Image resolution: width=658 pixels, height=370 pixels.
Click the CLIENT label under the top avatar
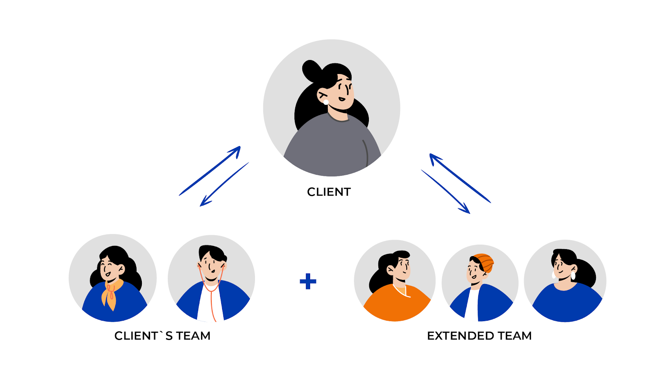click(329, 192)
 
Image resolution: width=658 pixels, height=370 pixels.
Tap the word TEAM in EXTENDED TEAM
click(514, 336)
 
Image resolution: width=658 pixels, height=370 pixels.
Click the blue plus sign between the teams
click(308, 282)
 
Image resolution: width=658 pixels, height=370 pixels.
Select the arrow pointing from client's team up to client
click(210, 170)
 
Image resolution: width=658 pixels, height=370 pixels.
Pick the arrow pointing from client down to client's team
click(224, 184)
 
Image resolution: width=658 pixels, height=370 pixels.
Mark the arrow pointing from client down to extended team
click(446, 192)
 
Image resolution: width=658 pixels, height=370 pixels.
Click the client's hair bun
click(311, 70)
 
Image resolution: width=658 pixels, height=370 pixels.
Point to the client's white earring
click(326, 102)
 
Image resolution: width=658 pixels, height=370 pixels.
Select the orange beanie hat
click(484, 262)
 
